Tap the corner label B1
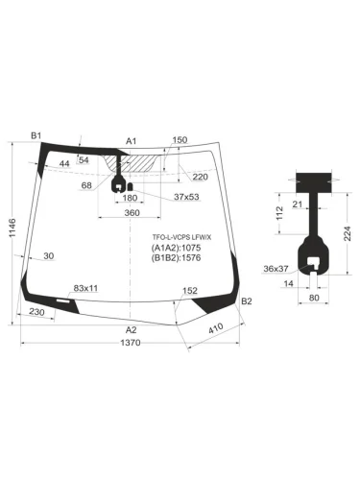tap(36, 136)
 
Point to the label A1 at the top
tap(132, 140)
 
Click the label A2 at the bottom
tap(132, 330)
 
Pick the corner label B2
tap(247, 302)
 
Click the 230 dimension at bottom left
tap(37, 313)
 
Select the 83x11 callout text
tap(86, 288)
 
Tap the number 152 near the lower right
tap(190, 291)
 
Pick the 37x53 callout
tap(186, 198)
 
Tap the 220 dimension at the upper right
tap(200, 177)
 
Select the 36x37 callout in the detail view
tap(276, 269)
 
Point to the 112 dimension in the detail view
tap(277, 223)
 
